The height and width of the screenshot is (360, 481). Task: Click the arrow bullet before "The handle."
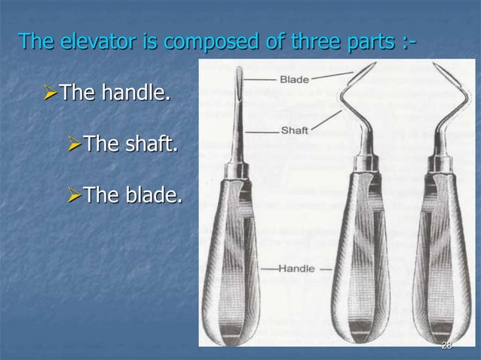(x=51, y=95)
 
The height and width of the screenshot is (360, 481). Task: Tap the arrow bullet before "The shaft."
(x=73, y=144)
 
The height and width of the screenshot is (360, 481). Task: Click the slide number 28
(x=446, y=345)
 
